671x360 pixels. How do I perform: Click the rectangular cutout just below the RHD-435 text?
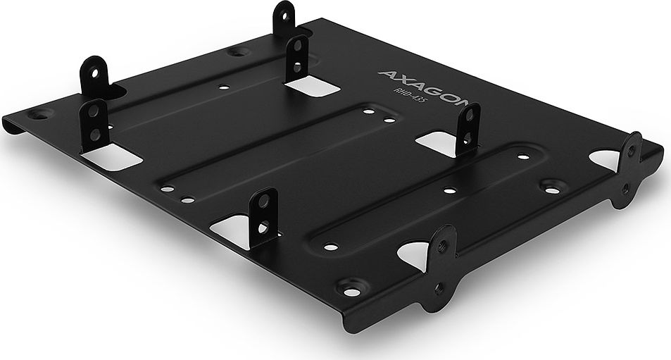[x=437, y=141]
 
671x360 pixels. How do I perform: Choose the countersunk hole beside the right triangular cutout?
[x=549, y=187]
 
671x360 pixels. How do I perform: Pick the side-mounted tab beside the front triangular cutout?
[x=441, y=261]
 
